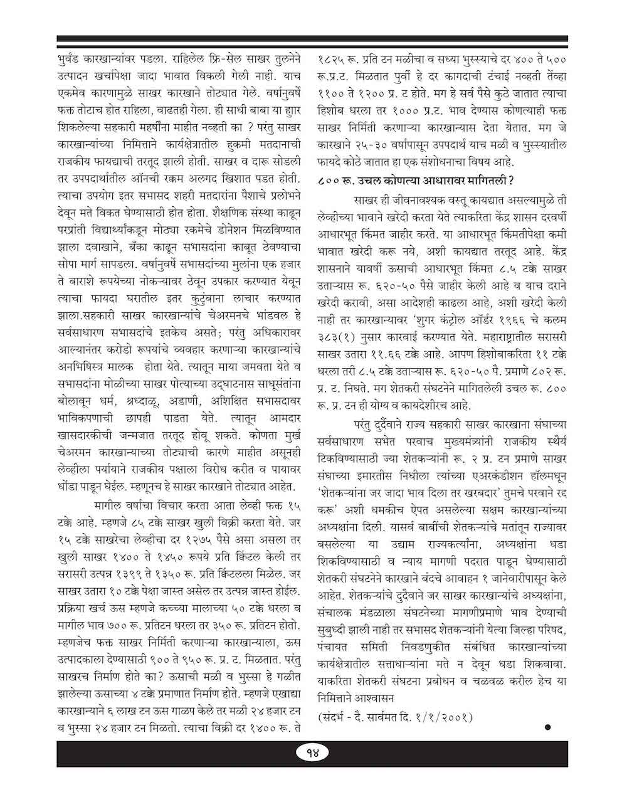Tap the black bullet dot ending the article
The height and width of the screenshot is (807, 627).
click(547, 727)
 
